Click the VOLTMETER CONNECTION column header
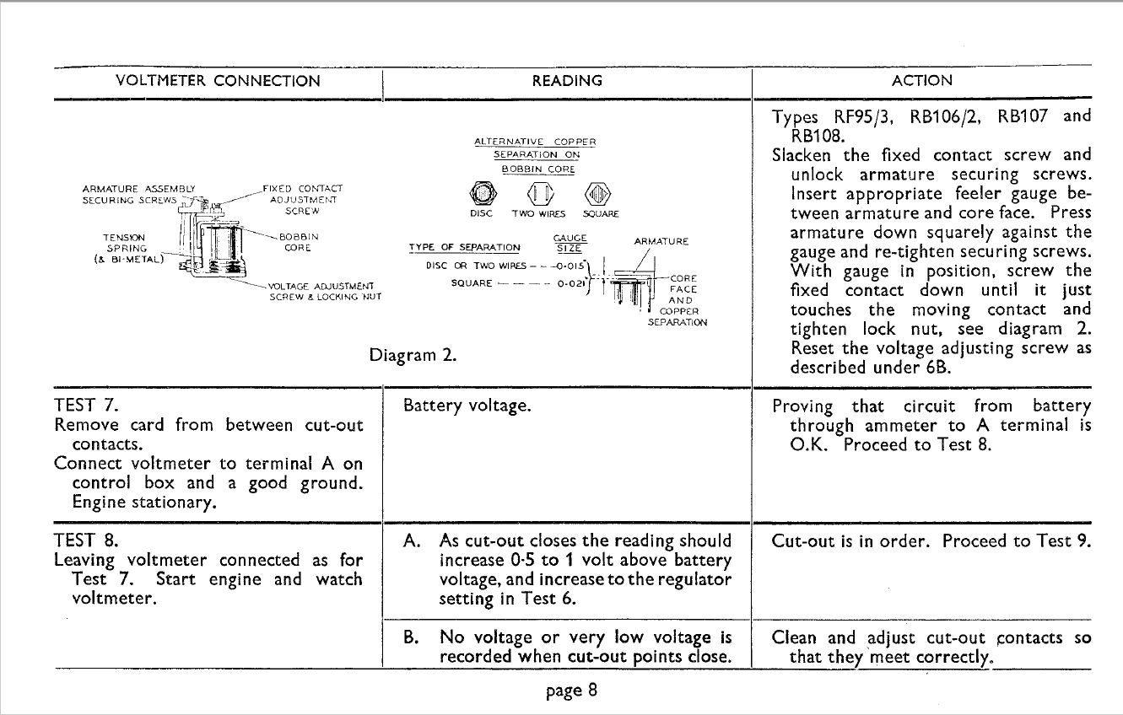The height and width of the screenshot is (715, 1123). [x=218, y=82]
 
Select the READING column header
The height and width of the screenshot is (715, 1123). [x=566, y=82]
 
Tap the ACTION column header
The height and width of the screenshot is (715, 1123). [x=921, y=82]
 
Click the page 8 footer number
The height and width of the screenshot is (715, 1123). [x=571, y=691]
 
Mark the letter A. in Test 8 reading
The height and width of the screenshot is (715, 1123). [x=413, y=540]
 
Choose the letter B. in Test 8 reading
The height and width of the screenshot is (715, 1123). [x=413, y=638]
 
